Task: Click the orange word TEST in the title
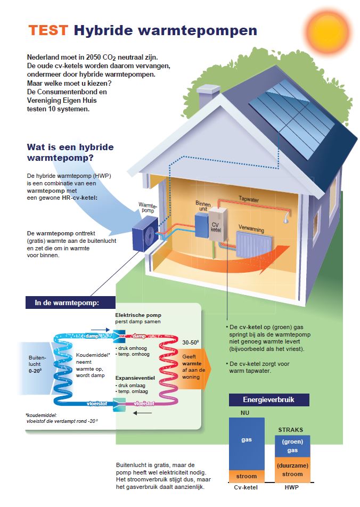pos(48,30)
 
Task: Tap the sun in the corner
pos(328,30)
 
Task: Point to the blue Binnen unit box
pos(201,226)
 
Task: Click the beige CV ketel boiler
pos(218,224)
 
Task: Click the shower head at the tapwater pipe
pos(287,219)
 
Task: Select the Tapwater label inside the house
pos(249,199)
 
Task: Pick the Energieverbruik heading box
pos(269,399)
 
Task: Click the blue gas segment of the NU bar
pos(247,443)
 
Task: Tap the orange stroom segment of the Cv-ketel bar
pos(247,476)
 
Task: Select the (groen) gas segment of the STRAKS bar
pos(292,446)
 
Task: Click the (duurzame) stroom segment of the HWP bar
pos(292,470)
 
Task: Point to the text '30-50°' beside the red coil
pos(191,343)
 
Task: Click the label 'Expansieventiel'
pos(135,378)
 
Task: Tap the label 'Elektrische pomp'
pos(138,315)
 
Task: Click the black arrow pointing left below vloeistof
pos(142,413)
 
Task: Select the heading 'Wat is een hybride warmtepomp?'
pos(70,152)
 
